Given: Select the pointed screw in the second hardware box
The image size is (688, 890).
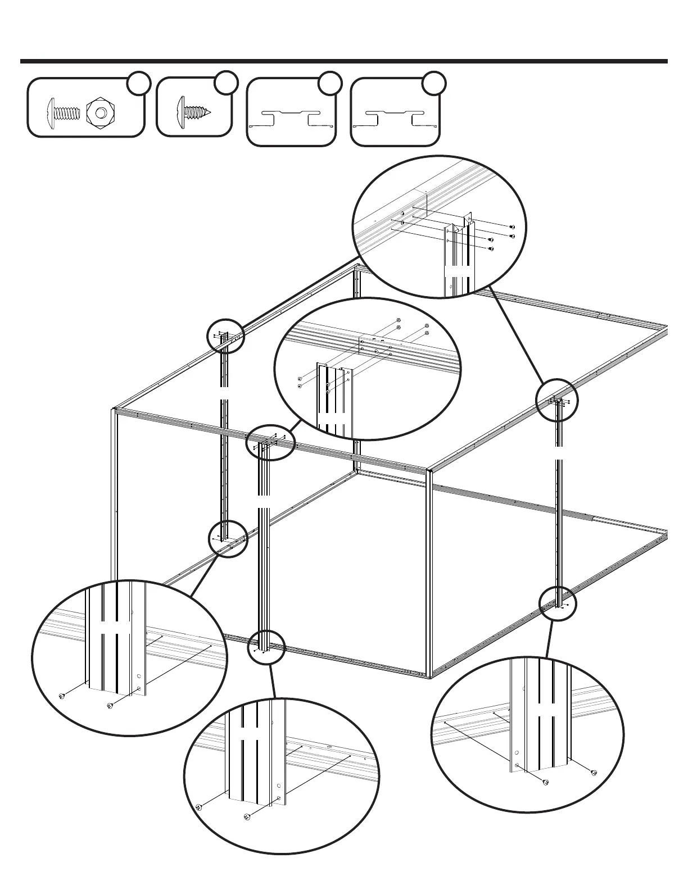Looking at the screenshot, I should click(x=194, y=108).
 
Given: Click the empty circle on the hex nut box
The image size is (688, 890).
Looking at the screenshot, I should click(x=138, y=84).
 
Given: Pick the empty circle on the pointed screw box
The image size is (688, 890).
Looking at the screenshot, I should click(x=225, y=82).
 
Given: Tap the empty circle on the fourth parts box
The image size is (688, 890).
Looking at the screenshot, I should click(x=433, y=82).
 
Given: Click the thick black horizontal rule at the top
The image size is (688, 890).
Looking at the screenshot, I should click(x=344, y=61).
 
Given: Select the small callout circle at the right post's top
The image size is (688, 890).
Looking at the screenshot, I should click(x=556, y=400).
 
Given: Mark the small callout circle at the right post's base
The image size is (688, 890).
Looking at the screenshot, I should click(x=558, y=603).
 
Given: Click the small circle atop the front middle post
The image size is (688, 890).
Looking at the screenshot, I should click(x=271, y=442).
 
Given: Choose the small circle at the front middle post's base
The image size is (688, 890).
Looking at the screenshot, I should click(x=266, y=647).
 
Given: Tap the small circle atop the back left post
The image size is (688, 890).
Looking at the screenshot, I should click(x=225, y=335).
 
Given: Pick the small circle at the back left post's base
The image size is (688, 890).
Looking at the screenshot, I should click(x=228, y=539).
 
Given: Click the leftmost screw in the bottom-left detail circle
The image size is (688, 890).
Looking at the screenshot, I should click(x=62, y=697).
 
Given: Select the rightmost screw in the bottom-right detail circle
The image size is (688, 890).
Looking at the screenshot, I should click(x=593, y=773).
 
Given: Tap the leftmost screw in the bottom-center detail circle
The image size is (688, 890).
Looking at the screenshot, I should click(x=199, y=807).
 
